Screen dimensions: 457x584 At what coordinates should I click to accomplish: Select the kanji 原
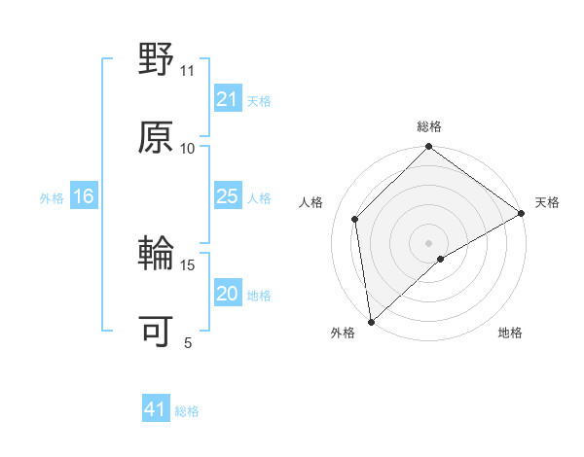[x=157, y=137]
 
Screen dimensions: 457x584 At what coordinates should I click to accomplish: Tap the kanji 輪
[x=157, y=255]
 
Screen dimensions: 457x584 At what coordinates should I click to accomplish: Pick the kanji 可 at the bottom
[x=157, y=332]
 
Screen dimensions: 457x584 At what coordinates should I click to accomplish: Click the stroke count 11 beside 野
[x=188, y=71]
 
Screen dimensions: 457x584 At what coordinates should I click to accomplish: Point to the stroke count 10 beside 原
[x=188, y=148]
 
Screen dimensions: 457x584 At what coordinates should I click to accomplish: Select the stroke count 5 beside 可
[x=188, y=342]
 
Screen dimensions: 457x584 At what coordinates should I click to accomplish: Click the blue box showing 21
[x=227, y=100]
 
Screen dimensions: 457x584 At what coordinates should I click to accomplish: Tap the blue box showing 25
[x=227, y=197]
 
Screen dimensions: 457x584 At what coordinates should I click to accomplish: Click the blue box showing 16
[x=84, y=197]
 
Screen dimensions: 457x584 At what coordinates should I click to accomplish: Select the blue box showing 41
[x=156, y=410]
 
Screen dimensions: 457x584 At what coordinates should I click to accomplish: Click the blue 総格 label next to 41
[x=187, y=411]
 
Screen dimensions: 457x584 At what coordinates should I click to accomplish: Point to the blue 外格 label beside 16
[x=52, y=198]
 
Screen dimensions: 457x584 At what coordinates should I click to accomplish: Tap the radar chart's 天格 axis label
[x=547, y=202]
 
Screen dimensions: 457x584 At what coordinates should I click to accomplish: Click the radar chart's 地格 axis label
[x=510, y=334]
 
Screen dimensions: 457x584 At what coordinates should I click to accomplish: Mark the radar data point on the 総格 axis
[x=428, y=149]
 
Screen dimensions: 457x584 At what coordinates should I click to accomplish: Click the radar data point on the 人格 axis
[x=355, y=219]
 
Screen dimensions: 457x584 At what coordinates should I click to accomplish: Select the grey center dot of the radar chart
[x=428, y=242]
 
